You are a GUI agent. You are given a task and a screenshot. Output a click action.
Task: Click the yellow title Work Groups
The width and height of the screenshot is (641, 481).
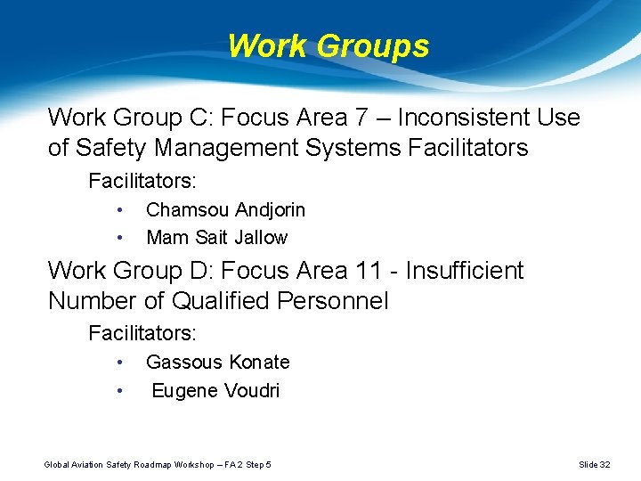click(x=328, y=45)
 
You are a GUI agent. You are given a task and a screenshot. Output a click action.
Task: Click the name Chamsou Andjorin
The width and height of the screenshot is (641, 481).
click(x=225, y=210)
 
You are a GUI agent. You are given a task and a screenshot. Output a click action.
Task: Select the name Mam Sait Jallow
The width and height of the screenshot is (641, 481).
click(x=216, y=238)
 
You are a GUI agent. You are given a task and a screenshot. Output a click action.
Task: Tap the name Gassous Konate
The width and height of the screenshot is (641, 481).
click(x=217, y=363)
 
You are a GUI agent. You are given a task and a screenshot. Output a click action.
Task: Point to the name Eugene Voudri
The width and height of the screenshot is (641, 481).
click(x=215, y=390)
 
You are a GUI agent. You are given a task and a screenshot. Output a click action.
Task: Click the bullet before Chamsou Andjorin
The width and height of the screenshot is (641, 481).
click(x=118, y=210)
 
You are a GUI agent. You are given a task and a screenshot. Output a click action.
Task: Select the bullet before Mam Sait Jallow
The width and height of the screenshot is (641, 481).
click(x=118, y=238)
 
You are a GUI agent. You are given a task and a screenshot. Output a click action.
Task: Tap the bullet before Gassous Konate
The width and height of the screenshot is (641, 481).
click(x=118, y=363)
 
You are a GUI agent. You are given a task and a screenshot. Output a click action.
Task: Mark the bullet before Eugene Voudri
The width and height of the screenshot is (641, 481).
click(x=118, y=390)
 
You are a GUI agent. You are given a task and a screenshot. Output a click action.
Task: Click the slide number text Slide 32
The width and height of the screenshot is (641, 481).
click(x=594, y=465)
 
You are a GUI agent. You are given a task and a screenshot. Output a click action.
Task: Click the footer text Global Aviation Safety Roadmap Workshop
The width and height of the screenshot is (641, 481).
click(x=134, y=465)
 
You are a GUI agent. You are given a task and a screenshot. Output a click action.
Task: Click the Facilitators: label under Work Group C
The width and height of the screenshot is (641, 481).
click(x=142, y=182)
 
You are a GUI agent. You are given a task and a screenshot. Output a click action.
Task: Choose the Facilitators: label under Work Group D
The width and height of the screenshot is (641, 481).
click(x=142, y=334)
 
